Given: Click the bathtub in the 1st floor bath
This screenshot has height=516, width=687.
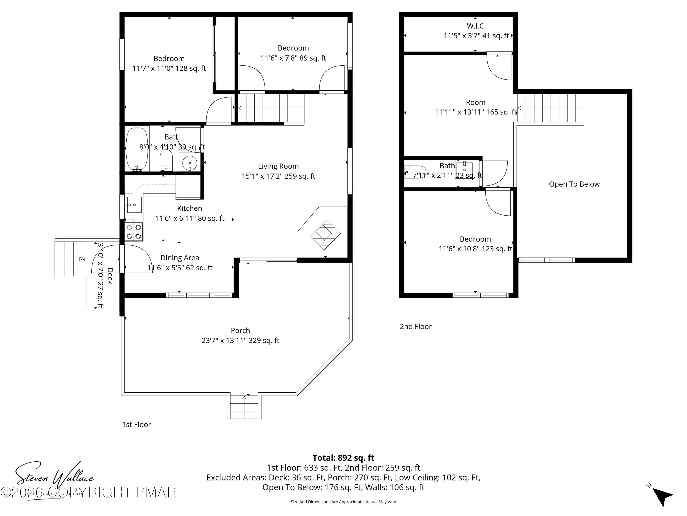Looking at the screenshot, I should (137, 149).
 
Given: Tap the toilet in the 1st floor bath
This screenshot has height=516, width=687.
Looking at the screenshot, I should (166, 160).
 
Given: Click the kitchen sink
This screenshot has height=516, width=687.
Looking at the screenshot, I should (134, 205).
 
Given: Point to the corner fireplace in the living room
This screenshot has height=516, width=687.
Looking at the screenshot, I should (325, 235).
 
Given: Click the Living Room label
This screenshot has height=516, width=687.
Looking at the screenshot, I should (278, 166).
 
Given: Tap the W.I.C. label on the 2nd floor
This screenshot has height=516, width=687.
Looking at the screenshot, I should (476, 26).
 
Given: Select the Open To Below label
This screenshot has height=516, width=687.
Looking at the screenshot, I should (574, 184).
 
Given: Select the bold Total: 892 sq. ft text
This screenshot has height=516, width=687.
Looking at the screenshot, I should (343, 458).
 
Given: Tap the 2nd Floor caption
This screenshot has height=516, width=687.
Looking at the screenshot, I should (416, 326).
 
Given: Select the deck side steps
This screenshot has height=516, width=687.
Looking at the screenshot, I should (69, 259).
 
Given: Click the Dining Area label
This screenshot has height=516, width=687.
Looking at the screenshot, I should (180, 258).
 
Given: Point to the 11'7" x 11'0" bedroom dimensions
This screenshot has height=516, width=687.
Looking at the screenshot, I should (169, 68).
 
